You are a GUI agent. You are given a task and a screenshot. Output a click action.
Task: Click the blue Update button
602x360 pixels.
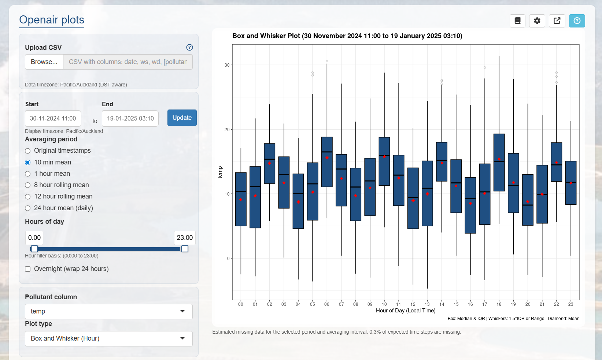point(182,118)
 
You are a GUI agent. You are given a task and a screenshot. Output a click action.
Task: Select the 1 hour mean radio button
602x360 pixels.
point(28,174)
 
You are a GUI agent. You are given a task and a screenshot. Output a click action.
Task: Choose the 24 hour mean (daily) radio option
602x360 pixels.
point(28,208)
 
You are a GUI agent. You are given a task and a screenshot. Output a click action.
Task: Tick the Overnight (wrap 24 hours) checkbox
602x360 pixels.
point(28,269)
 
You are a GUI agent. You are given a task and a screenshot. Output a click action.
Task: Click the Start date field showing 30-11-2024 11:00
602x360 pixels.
point(53,119)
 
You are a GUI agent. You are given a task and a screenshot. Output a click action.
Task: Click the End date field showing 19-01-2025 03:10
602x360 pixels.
point(130,119)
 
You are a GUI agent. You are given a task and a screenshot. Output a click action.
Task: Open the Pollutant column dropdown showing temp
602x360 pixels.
point(108,311)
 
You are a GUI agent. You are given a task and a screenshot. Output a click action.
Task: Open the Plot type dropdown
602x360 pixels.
point(108,338)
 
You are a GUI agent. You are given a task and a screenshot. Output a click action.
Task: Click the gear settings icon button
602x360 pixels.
point(537,21)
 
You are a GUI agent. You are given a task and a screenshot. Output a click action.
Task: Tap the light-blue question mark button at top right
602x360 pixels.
point(577,21)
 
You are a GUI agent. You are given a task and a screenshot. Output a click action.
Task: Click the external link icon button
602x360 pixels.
point(557,21)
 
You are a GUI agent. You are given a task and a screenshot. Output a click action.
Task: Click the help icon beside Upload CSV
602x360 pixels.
point(189,47)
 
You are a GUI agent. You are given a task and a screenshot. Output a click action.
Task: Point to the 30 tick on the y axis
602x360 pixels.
point(227,65)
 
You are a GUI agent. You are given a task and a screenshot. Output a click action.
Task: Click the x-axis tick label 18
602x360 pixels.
point(499,304)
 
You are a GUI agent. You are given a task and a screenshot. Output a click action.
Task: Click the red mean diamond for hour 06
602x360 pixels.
point(327,158)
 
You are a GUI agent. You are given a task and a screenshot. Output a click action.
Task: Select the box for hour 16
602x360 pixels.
point(470,205)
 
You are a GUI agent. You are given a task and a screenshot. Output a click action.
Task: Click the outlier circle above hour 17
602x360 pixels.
point(485,68)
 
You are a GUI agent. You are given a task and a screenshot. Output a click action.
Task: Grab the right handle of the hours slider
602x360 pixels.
point(185,249)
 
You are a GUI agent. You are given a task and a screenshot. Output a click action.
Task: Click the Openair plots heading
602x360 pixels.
point(52,20)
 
